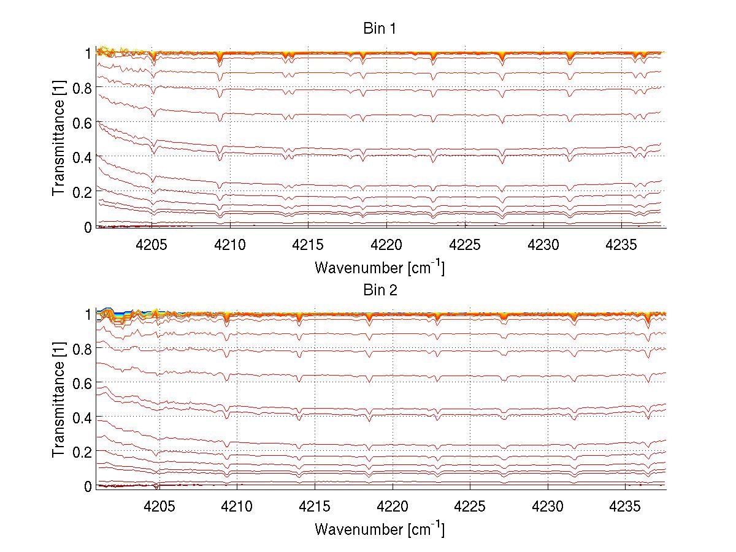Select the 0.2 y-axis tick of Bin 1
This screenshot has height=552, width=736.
pos(82,192)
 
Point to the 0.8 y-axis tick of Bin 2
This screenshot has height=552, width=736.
pos(82,349)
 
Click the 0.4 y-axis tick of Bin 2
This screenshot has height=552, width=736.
pos(82,417)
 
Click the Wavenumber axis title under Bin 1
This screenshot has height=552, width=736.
pos(380,268)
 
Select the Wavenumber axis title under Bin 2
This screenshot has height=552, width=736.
pos(380,528)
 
